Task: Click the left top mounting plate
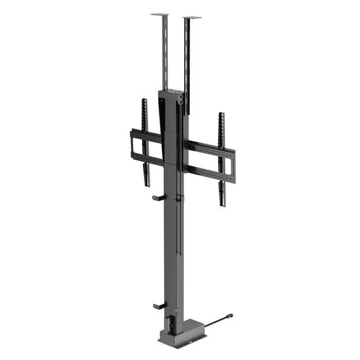(x=160, y=15)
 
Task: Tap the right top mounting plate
(x=192, y=18)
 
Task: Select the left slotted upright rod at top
(x=166, y=51)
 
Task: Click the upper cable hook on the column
(x=158, y=197)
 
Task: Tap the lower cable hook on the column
(x=158, y=306)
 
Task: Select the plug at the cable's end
(x=229, y=315)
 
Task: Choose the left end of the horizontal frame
(x=132, y=144)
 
